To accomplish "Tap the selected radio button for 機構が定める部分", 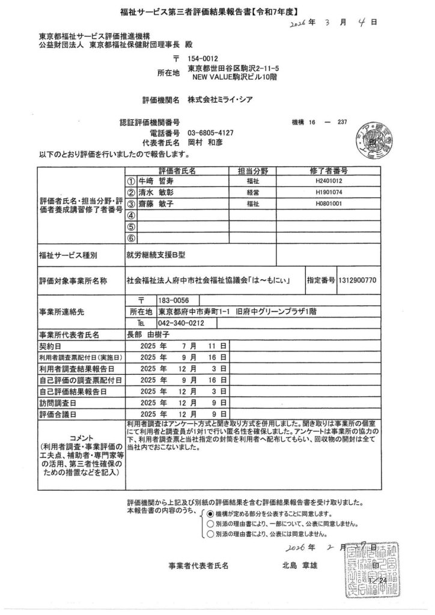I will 210,514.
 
